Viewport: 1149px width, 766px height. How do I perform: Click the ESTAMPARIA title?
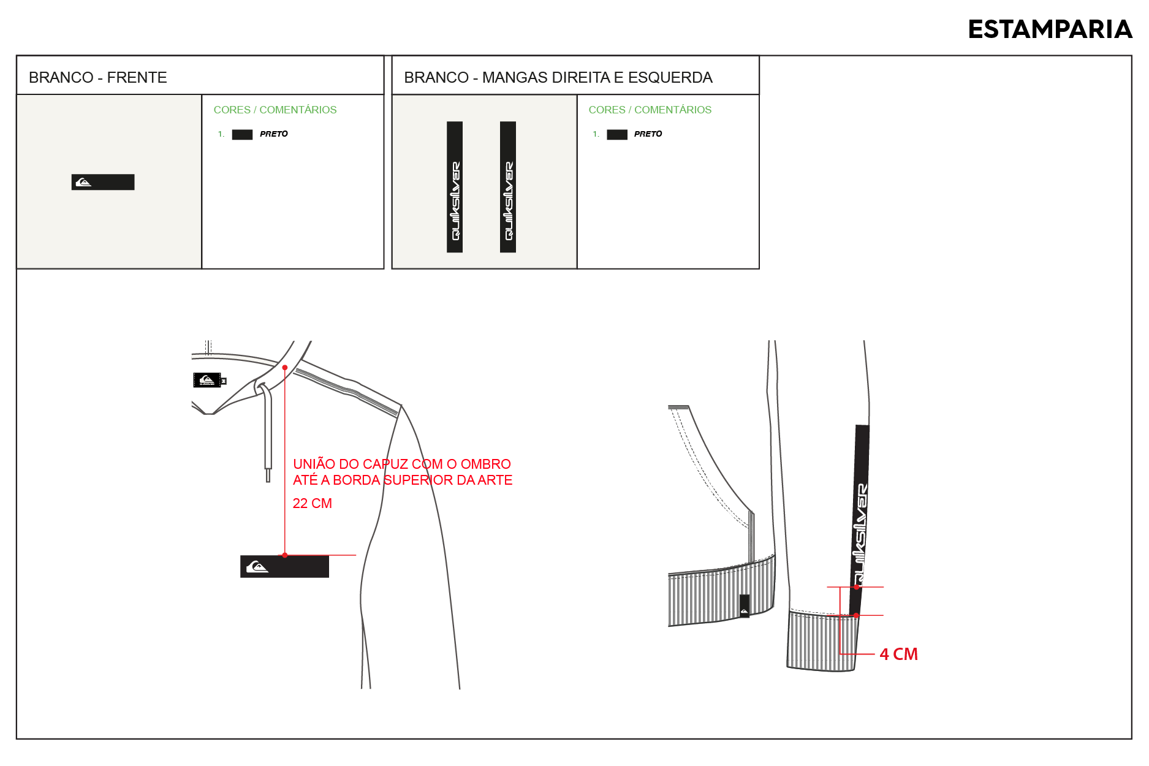[1050, 29]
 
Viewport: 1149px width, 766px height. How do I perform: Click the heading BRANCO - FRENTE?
[98, 77]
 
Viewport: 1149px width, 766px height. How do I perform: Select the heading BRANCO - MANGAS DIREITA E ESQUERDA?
[558, 77]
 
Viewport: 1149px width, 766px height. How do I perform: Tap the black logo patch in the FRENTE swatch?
[103, 182]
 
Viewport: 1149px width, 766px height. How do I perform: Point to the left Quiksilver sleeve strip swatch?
[455, 187]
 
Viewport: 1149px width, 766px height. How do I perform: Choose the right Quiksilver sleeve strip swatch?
[508, 187]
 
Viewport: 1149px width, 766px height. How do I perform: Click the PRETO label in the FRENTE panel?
[274, 134]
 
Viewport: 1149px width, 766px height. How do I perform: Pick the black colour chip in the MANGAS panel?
[617, 135]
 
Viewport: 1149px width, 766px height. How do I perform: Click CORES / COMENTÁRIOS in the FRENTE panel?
[275, 110]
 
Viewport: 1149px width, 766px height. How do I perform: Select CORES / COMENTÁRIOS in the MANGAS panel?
[650, 110]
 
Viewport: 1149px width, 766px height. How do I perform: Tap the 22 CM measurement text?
[313, 503]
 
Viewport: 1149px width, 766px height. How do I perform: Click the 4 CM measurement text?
[899, 654]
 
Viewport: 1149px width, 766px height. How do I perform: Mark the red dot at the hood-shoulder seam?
[285, 368]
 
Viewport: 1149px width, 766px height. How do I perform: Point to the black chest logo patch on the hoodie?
[284, 566]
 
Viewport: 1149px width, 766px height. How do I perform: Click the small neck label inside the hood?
[208, 380]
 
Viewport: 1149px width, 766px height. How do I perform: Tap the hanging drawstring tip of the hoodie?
[268, 475]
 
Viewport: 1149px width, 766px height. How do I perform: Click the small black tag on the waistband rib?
[745, 605]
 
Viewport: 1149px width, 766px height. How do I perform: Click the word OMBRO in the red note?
[485, 464]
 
